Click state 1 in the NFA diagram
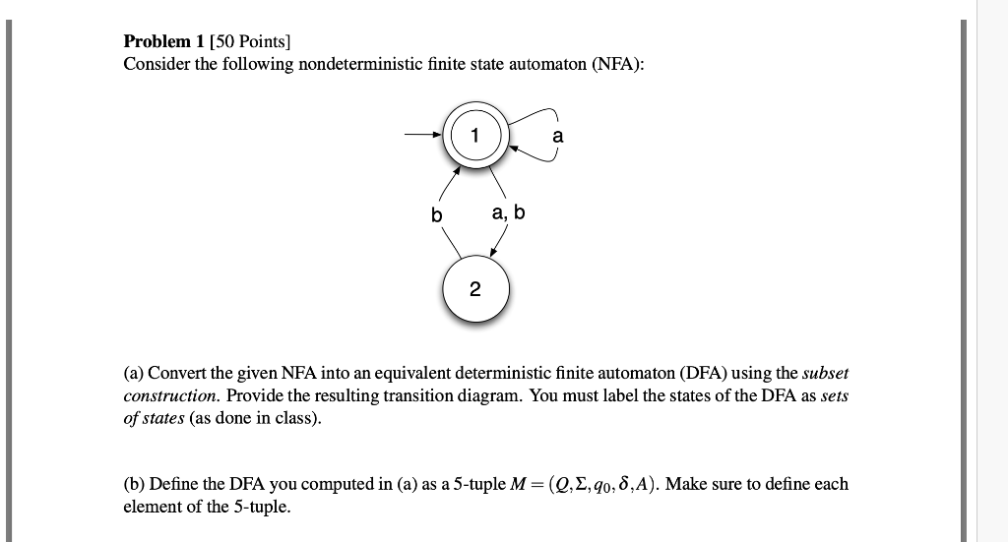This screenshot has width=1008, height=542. point(475,138)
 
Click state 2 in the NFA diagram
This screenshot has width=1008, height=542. point(475,289)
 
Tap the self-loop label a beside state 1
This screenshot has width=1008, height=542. point(558,137)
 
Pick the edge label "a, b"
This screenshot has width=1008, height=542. point(509,212)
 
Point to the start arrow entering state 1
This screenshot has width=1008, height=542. point(421,138)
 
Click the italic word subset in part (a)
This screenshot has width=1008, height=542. point(825,374)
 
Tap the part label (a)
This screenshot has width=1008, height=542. point(134,374)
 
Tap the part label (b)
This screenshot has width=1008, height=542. point(135,484)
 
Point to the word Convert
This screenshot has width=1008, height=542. point(177,374)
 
